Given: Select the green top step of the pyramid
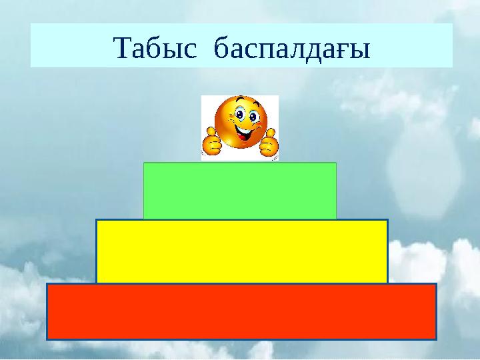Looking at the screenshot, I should pyautogui.click(x=240, y=191).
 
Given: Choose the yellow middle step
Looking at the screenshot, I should pyautogui.click(x=242, y=251).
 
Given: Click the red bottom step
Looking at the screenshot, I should pyautogui.click(x=241, y=311).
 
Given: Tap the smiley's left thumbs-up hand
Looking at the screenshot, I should pyautogui.click(x=212, y=143).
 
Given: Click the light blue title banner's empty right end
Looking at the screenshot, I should pyautogui.click(x=420, y=45).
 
